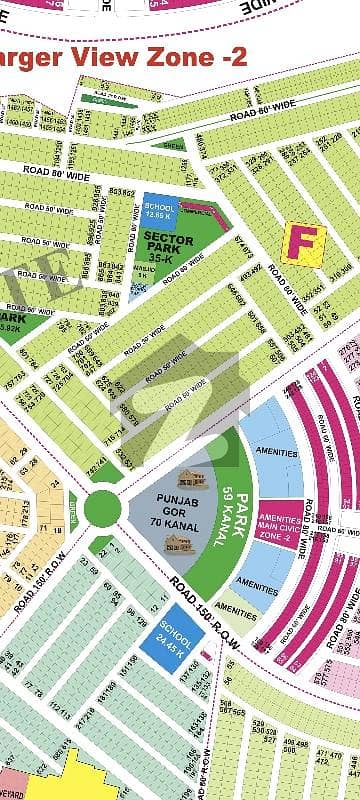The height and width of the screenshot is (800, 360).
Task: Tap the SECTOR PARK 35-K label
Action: click(x=168, y=246)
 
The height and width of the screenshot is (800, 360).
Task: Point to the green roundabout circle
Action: click(x=102, y=508)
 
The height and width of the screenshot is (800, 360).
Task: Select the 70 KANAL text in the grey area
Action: click(x=167, y=520)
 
